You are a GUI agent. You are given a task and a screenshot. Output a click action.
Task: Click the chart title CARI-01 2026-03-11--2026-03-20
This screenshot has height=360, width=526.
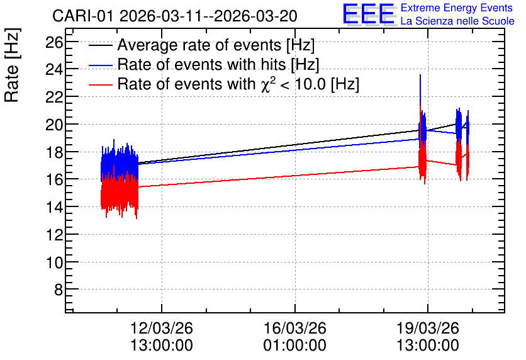[x=175, y=16]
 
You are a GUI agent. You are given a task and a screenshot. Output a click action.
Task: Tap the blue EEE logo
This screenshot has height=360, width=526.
[x=368, y=13]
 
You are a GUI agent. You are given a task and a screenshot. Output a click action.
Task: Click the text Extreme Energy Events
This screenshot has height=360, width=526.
[x=457, y=8]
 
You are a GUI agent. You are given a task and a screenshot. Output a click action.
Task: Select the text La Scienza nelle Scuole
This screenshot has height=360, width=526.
[x=457, y=21]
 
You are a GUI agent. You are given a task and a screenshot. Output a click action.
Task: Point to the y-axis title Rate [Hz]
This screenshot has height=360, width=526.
[x=12, y=65]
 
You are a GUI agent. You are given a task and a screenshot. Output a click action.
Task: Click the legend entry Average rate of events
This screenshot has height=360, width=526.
[x=216, y=45]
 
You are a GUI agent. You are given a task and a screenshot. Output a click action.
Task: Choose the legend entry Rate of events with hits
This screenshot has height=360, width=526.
[x=218, y=64]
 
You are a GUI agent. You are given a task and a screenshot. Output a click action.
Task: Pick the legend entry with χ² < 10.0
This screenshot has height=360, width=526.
[x=238, y=83]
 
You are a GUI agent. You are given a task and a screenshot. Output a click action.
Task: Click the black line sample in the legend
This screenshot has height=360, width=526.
[x=101, y=45]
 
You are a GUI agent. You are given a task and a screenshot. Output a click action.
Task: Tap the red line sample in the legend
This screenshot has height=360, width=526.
[x=101, y=84]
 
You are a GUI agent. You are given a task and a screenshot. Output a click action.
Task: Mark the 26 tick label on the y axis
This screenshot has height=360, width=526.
[x=54, y=42]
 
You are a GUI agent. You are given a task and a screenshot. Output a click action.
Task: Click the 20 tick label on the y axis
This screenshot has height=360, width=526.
[x=54, y=125]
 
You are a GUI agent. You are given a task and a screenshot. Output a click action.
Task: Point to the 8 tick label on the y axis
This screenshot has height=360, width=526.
[x=59, y=290]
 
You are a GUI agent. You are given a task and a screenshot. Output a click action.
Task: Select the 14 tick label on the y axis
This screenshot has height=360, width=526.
[x=54, y=206]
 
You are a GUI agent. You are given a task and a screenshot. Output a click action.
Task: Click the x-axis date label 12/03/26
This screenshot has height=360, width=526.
[x=162, y=328]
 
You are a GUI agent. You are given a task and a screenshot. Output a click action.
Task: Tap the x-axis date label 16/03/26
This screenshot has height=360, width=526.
[x=295, y=328]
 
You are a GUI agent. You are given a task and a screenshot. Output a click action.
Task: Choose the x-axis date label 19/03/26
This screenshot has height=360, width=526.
[x=428, y=328]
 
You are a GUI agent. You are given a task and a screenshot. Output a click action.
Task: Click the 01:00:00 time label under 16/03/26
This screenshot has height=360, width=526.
[x=295, y=346]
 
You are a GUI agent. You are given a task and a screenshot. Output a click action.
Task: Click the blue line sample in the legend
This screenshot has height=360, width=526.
[x=101, y=65]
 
